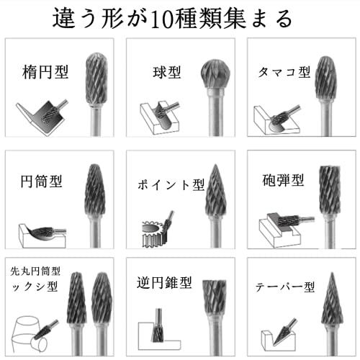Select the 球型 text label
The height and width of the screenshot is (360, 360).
[166, 72]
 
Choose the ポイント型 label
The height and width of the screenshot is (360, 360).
[171, 184]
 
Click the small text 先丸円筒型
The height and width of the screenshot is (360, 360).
[35, 271]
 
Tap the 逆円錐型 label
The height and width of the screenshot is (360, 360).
[163, 282]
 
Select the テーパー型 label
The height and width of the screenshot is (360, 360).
[285, 287]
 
